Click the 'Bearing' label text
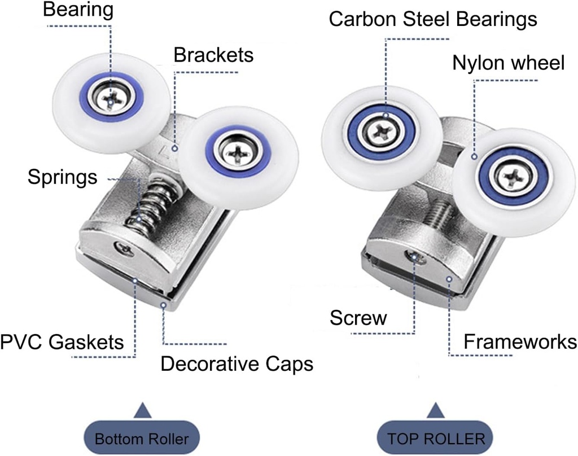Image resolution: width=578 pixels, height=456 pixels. pyautogui.click(x=78, y=10)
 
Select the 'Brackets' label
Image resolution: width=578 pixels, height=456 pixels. pyautogui.click(x=213, y=55)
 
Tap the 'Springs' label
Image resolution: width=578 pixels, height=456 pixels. pyautogui.click(x=62, y=178)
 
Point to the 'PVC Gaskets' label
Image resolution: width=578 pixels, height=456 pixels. pyautogui.click(x=62, y=341)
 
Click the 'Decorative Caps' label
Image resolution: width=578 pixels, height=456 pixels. pyautogui.click(x=237, y=364)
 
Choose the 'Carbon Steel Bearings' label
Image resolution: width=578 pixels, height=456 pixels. pyautogui.click(x=432, y=19)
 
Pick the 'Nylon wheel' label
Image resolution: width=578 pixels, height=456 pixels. pyautogui.click(x=508, y=63)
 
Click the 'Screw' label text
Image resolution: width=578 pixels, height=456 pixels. pyautogui.click(x=358, y=318)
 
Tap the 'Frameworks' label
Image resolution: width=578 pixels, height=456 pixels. pyautogui.click(x=520, y=341)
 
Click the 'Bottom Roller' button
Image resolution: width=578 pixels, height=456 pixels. pyautogui.click(x=141, y=439)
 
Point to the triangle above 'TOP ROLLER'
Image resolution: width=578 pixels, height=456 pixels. pyautogui.click(x=436, y=410)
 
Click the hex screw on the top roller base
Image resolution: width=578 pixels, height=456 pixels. pyautogui.click(x=415, y=258)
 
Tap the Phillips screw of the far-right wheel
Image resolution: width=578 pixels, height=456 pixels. pyautogui.click(x=514, y=176)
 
